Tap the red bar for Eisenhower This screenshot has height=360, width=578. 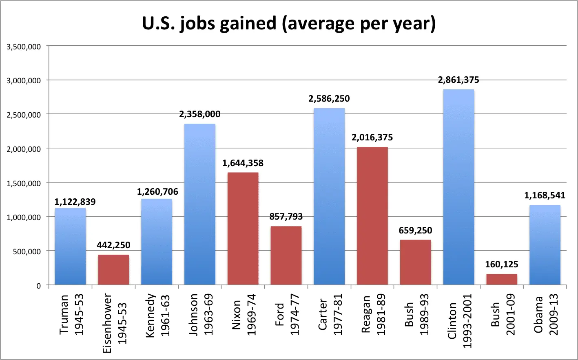coord(113,269)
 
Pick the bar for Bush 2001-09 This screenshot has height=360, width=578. coord(502,279)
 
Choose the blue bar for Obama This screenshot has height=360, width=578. coord(545,244)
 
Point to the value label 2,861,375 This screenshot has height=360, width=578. coord(458,80)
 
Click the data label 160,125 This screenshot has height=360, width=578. coord(502,264)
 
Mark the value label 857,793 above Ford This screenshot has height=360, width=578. coord(286,217)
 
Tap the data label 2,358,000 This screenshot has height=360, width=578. coord(200,114)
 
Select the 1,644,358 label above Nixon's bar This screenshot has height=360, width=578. coord(243,163)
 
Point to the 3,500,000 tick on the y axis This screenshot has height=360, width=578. coord(24,47)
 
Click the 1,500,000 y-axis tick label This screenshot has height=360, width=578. coord(24,183)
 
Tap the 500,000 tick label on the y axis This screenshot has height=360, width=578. coord(26,251)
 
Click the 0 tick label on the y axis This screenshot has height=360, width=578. coord(38,286)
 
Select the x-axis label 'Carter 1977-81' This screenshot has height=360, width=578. coord(330,317)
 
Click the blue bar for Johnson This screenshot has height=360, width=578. coord(200,204)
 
